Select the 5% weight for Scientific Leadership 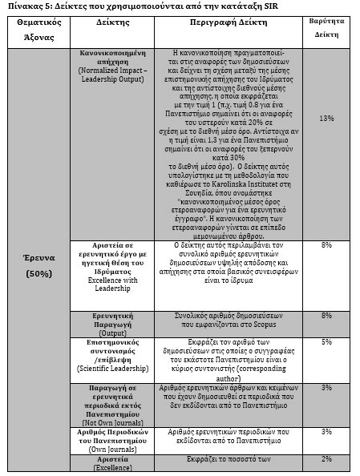coord(326,342)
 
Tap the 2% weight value coord(326,458)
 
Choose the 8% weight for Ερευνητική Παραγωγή coord(326,316)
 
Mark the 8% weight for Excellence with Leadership coord(326,244)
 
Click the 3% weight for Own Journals coord(326,432)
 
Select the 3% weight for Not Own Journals coord(326,388)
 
